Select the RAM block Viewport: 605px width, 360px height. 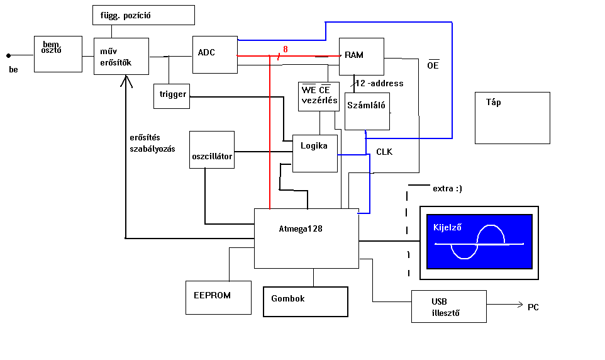[361, 56]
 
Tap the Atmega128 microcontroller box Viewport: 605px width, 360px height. [306, 238]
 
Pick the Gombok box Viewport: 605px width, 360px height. [305, 301]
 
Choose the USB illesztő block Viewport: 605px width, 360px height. [448, 307]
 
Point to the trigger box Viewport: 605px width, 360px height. [172, 95]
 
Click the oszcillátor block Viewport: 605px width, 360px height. [212, 150]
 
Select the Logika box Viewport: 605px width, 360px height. [315, 153]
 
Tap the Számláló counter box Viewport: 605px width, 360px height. [367, 111]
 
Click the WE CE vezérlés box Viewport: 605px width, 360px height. [319, 96]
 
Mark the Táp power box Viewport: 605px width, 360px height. [513, 118]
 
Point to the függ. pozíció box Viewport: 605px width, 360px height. [143, 15]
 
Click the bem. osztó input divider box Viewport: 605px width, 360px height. [58, 53]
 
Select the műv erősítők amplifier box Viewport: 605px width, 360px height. [121, 56]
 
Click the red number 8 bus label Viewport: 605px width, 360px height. [286, 49]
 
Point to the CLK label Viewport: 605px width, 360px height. [384, 152]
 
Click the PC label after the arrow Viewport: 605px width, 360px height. [533, 307]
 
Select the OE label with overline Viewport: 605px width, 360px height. [433, 65]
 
